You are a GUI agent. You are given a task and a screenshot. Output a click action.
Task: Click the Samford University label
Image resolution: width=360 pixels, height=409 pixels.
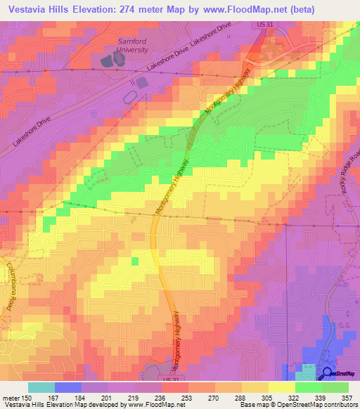(131, 46)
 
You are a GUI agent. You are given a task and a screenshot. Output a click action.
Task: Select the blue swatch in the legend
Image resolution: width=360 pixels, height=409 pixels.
(68, 387)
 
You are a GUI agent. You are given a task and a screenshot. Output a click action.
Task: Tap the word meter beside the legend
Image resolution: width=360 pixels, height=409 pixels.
(11, 397)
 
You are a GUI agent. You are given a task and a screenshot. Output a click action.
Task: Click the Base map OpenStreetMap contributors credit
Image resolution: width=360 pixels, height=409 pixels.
(297, 405)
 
